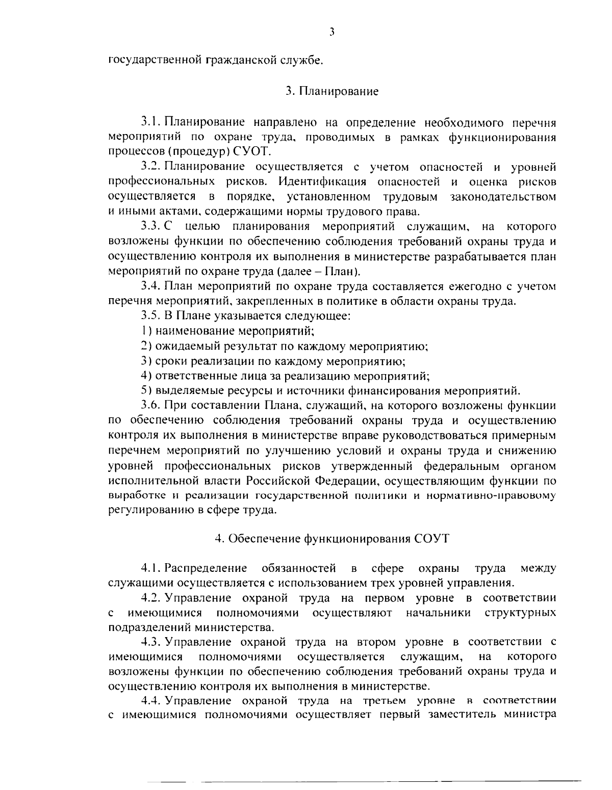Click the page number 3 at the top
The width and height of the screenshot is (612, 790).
pyautogui.click(x=331, y=32)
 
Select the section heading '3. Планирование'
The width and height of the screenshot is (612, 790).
pyautogui.click(x=331, y=92)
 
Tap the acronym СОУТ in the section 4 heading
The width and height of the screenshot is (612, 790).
pyautogui.click(x=432, y=539)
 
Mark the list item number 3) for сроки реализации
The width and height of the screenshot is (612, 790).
pyautogui.click(x=144, y=361)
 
